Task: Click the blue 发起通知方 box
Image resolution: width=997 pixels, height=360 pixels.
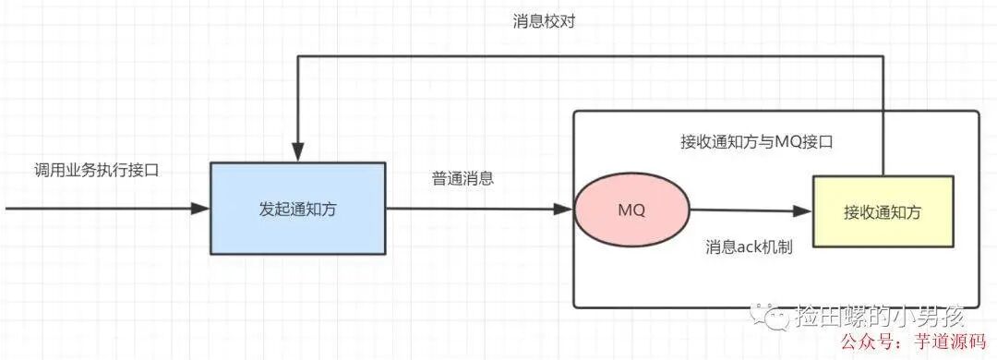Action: pos(297,209)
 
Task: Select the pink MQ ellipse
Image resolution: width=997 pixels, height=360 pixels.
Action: pos(631,210)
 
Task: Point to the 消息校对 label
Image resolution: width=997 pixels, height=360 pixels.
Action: pos(545,20)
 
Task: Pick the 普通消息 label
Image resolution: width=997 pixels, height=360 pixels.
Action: pos(462,179)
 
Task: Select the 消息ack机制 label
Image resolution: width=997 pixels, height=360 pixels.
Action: pos(749,247)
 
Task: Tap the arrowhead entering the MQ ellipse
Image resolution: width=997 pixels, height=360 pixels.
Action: pos(564,210)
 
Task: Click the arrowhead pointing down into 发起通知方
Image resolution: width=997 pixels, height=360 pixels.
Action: pos(296,154)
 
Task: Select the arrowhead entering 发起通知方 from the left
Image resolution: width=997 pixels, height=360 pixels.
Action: pos(200,209)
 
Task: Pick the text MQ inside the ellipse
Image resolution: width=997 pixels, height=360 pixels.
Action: pos(631,210)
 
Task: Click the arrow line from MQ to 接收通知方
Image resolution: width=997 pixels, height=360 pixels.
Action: pos(748,210)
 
